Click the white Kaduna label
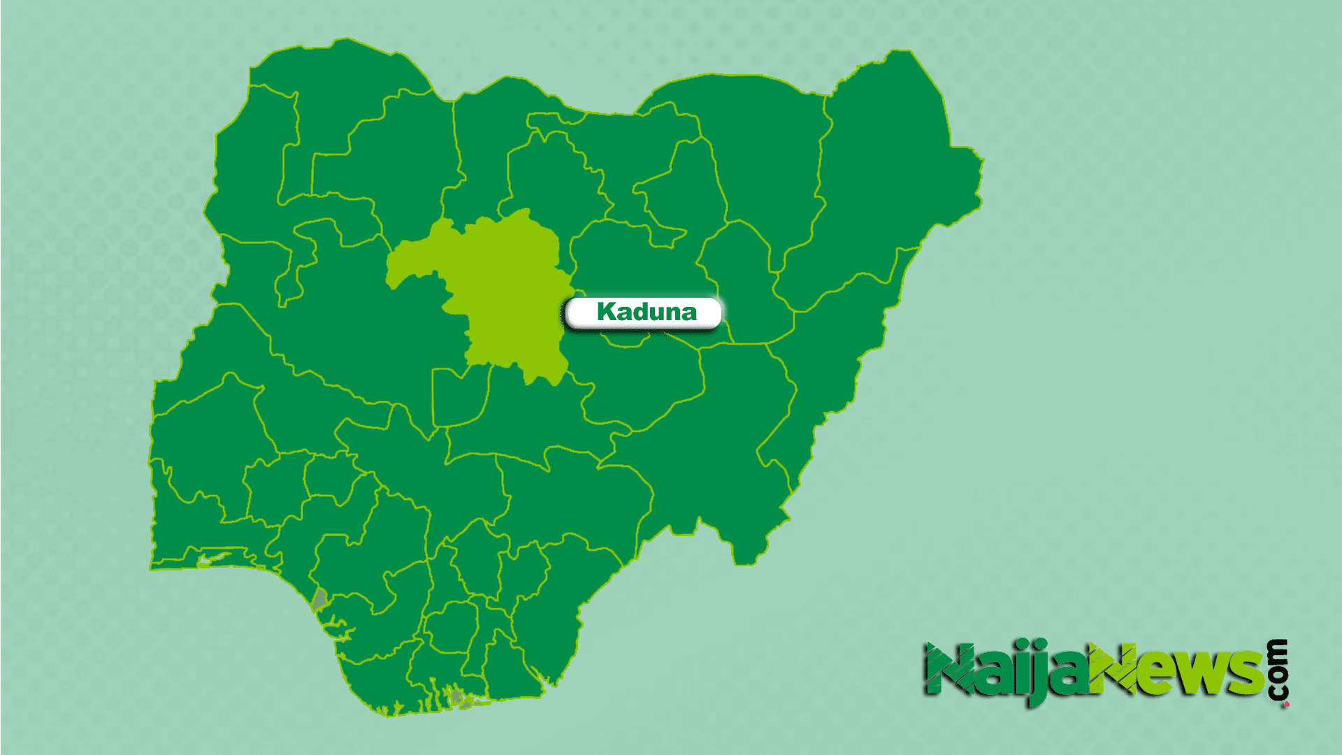point(643,312)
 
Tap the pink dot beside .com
point(1286,705)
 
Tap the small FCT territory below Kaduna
point(458,398)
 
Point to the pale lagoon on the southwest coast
point(213,559)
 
